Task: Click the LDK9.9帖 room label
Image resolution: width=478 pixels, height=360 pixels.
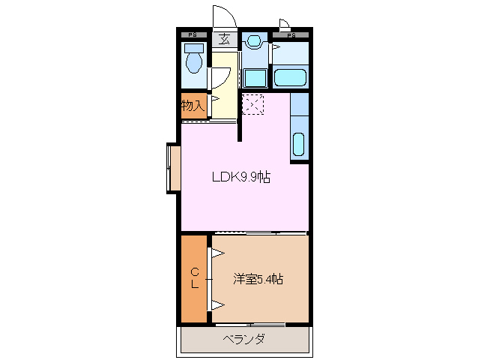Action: (x=240, y=178)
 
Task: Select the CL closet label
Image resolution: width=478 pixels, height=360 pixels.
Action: (x=194, y=278)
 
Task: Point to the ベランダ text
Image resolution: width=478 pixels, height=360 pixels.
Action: (x=243, y=339)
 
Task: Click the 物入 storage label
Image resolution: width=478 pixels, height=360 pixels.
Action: (x=193, y=106)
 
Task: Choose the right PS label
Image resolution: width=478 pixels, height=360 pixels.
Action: (x=291, y=34)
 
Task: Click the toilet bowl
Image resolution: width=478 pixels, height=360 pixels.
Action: (x=195, y=61)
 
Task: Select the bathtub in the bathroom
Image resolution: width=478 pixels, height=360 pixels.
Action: (x=291, y=76)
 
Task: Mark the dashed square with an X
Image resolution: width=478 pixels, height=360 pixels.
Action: (x=254, y=105)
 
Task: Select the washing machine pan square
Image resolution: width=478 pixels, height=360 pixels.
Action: (x=255, y=77)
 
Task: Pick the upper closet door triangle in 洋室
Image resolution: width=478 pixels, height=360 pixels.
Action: (x=216, y=253)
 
